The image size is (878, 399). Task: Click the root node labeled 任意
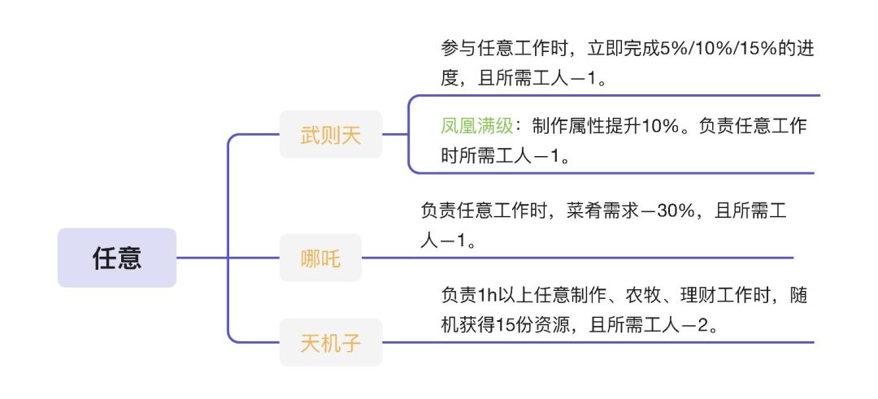[117, 258]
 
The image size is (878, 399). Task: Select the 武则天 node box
[331, 134]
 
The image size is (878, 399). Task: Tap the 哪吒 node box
[320, 258]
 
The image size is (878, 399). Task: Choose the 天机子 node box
[331, 342]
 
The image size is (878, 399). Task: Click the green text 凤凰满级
[477, 127]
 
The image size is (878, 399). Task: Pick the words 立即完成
[624, 50]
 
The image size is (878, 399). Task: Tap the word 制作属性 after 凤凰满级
[568, 127]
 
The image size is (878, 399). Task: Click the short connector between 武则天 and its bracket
[395, 134]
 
